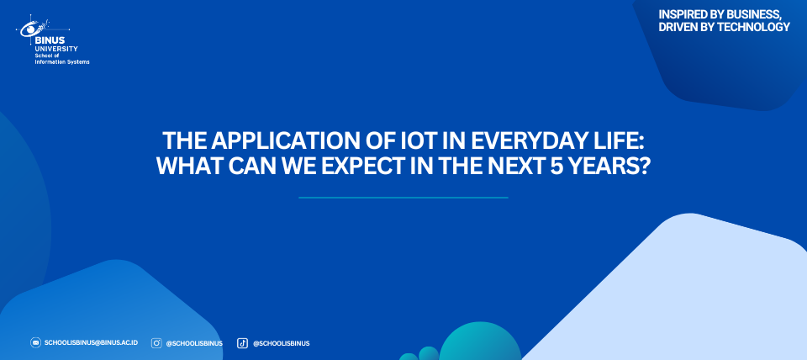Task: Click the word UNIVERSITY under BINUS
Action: coord(56,49)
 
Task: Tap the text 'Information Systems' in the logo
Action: coord(62,62)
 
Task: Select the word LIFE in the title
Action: coord(627,140)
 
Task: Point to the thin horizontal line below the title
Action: coord(403,198)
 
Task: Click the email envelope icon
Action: coord(35,342)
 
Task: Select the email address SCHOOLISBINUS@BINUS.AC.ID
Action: coord(91,342)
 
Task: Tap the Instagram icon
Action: coord(156,343)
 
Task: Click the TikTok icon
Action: coord(242,343)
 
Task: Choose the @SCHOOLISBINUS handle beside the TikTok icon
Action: coord(281,343)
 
